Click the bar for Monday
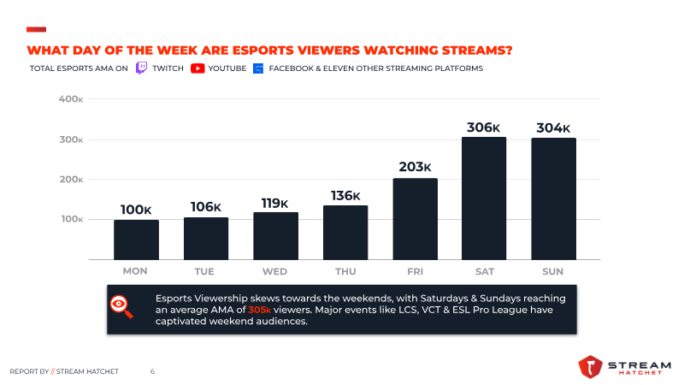136,240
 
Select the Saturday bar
484,198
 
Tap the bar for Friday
415,218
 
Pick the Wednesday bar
275,235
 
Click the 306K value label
484,127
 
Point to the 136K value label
345,196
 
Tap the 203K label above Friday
415,168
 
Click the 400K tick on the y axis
71,99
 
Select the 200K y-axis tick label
71,180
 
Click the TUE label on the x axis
205,271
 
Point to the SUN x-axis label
553,271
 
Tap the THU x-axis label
345,271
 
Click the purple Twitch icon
142,68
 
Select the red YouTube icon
198,68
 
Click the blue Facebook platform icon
257,68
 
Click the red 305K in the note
260,309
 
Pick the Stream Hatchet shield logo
591,367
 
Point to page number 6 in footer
152,371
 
